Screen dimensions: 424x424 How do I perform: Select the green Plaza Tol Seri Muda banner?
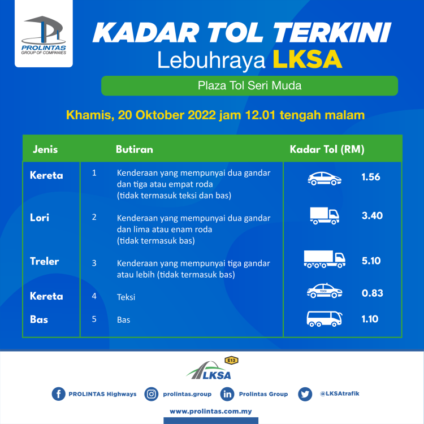(249, 86)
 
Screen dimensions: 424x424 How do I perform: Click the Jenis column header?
(45, 150)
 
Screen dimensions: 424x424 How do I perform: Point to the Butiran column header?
(134, 150)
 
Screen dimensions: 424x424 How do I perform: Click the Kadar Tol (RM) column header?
(327, 150)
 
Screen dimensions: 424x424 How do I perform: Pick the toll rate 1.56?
(371, 177)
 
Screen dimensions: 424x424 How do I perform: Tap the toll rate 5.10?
(371, 261)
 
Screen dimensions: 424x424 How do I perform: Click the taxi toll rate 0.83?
(372, 293)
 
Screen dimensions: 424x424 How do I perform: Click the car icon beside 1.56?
(324, 179)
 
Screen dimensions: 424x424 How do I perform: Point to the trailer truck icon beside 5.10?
(325, 259)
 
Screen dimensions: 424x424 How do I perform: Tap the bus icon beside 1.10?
(324, 319)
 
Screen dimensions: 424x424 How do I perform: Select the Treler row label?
(45, 261)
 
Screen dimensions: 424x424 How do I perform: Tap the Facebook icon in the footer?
(58, 394)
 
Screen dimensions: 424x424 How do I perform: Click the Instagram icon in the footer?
(152, 394)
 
